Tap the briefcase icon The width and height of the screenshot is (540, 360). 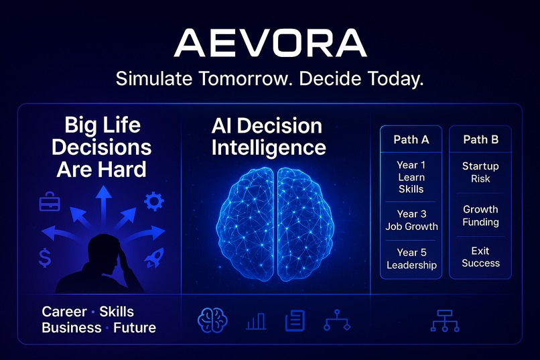tap(50, 200)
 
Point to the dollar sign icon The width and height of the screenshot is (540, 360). tap(46, 258)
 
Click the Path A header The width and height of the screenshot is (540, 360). tap(411, 140)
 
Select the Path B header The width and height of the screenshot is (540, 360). tap(480, 140)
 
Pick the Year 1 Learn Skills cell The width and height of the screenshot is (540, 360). tap(411, 177)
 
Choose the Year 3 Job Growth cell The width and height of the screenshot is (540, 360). tap(411, 220)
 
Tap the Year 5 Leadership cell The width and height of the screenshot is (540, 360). tap(411, 259)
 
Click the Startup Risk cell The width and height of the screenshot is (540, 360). tap(480, 172)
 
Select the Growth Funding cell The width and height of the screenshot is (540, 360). tap(480, 216)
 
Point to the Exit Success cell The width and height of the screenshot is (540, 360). tap(480, 257)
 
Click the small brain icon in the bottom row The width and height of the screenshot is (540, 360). tap(212, 320)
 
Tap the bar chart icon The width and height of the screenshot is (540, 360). tap(255, 322)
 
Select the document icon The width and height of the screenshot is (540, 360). tap(295, 321)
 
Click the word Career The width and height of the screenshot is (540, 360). tap(64, 312)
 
